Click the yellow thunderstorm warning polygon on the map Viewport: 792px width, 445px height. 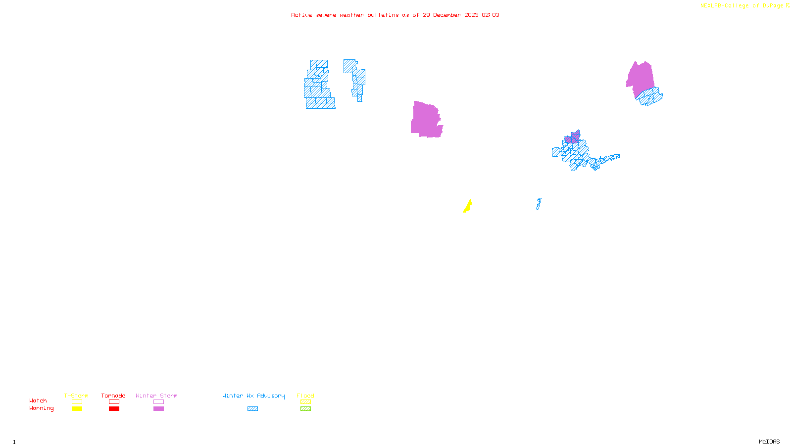pos(468,206)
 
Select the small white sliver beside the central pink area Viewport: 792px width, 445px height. pos(444,119)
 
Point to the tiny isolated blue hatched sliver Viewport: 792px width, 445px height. pos(539,204)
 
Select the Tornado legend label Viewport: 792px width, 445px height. pos(113,396)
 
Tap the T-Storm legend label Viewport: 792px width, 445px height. pos(76,396)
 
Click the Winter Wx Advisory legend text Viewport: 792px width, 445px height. pos(253,396)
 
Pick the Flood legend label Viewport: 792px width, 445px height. pos(305,396)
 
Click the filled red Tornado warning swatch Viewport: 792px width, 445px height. pos(114,409)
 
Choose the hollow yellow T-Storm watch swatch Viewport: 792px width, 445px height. pos(77,402)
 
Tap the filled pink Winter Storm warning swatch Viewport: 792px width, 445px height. pos(158,409)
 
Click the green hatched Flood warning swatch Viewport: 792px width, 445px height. pos(305,409)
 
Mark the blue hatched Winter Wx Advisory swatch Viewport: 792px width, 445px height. pos(252,409)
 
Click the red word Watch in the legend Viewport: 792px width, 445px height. pos(38,400)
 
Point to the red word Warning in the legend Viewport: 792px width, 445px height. pos(41,408)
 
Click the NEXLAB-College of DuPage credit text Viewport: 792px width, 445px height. pos(742,6)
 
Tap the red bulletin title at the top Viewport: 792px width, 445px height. pos(395,15)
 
